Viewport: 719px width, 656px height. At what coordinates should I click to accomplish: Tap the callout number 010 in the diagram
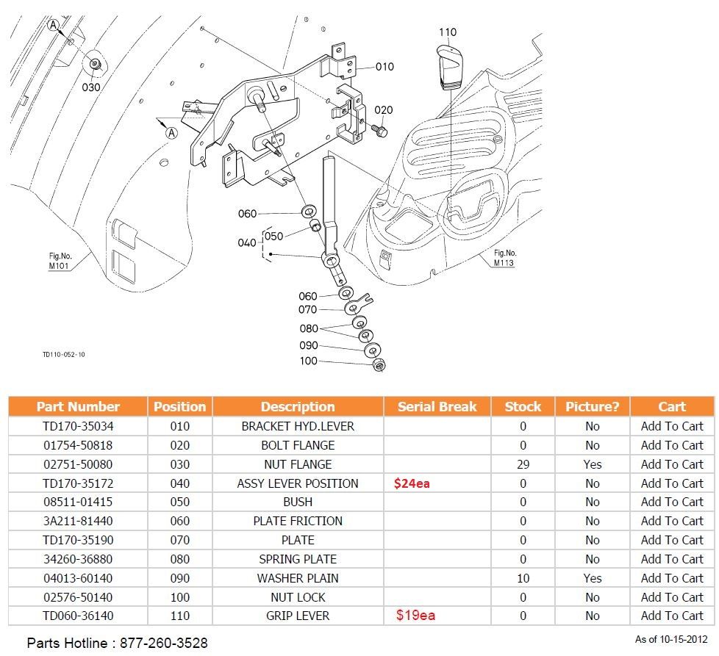[384, 67]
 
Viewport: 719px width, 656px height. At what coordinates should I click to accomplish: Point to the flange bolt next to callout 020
[380, 131]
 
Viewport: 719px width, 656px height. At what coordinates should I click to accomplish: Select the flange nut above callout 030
[95, 64]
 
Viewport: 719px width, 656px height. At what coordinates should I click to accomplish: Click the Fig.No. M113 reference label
[504, 258]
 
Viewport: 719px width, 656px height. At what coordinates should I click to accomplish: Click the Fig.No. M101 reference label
[60, 261]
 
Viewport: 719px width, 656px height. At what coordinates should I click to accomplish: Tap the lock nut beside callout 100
[379, 364]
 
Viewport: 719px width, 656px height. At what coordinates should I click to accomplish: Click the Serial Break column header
[437, 406]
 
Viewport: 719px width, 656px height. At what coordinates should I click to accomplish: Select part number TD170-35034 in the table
[78, 426]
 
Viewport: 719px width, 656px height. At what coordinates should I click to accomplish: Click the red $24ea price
[412, 483]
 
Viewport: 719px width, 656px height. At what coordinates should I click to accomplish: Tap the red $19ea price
[415, 616]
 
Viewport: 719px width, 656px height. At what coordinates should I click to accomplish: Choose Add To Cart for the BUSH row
[671, 502]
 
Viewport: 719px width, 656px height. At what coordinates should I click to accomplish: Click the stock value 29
[523, 464]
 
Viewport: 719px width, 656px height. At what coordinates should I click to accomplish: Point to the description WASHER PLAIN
[298, 578]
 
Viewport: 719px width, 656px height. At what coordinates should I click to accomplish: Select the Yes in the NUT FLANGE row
[592, 464]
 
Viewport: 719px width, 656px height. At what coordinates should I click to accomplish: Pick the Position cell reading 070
[179, 540]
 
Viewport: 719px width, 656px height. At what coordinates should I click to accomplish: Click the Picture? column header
[592, 406]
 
